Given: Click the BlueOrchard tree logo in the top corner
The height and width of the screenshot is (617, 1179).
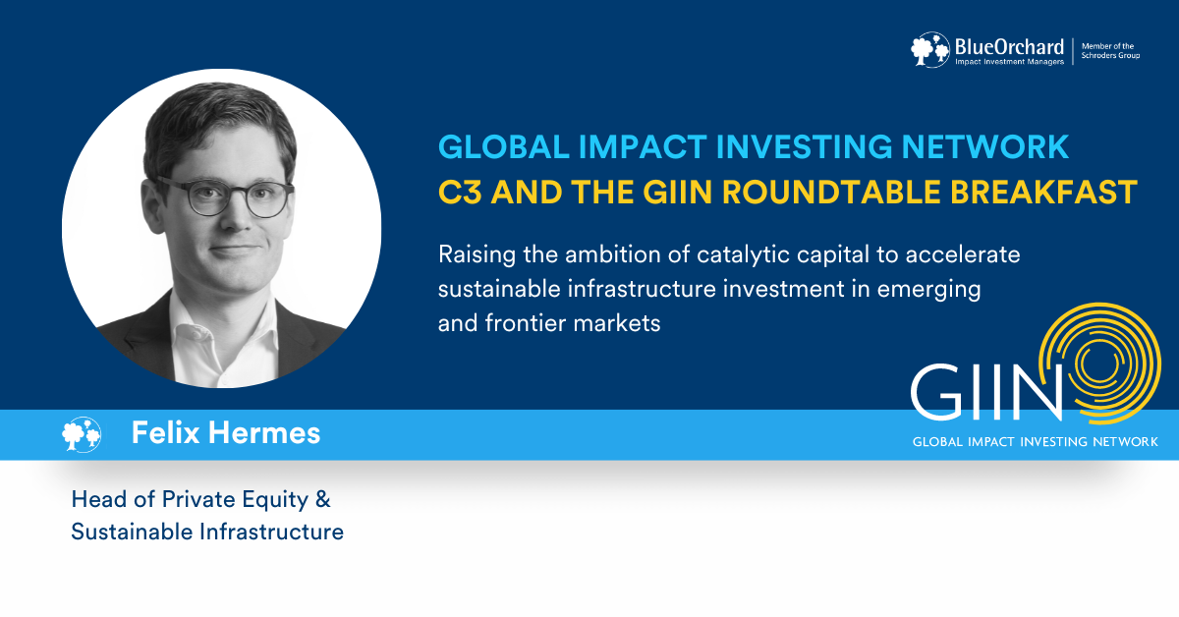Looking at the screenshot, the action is pos(930,49).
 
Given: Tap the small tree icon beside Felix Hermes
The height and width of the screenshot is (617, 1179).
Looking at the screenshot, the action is pos(81,434).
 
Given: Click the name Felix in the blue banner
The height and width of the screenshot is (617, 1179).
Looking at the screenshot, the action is pos(166,432).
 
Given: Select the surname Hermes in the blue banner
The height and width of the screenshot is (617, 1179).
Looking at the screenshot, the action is pos(264,432).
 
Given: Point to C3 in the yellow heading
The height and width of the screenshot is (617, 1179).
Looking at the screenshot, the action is pos(460,192).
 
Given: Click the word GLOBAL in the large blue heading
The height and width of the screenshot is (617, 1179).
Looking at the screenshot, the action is pos(504,146).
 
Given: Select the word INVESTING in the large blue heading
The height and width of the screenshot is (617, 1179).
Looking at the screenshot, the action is pos(804,146).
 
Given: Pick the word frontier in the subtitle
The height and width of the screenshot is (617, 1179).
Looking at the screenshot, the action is pos(526,322).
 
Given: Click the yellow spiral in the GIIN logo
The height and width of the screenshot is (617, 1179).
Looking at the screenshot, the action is pos(1099,364).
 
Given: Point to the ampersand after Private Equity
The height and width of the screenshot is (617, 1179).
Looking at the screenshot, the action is pos(322,500).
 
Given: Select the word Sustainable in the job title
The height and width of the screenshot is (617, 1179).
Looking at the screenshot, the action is pos(132,532).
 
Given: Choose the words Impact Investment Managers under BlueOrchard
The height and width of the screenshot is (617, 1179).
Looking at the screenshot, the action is pos(1010,62).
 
